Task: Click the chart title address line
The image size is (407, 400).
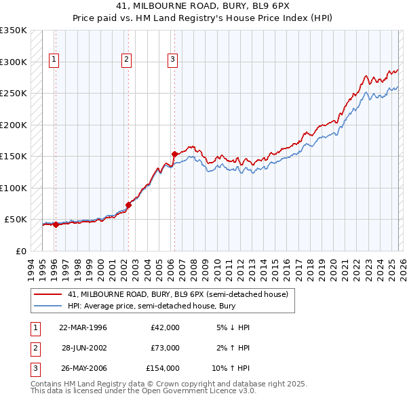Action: [x=203, y=7]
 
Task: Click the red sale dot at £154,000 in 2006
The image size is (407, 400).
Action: [x=174, y=154]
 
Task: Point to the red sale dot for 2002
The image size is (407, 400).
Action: [x=128, y=205]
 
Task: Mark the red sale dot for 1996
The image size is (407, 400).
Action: [x=56, y=224]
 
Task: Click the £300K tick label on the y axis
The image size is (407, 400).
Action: [x=13, y=62]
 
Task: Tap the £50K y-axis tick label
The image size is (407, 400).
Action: [x=15, y=220]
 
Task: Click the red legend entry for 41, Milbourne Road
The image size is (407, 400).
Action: [x=178, y=294]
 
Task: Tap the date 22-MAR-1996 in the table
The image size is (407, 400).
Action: [x=83, y=327]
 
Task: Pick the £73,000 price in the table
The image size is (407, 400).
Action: [x=165, y=348]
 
